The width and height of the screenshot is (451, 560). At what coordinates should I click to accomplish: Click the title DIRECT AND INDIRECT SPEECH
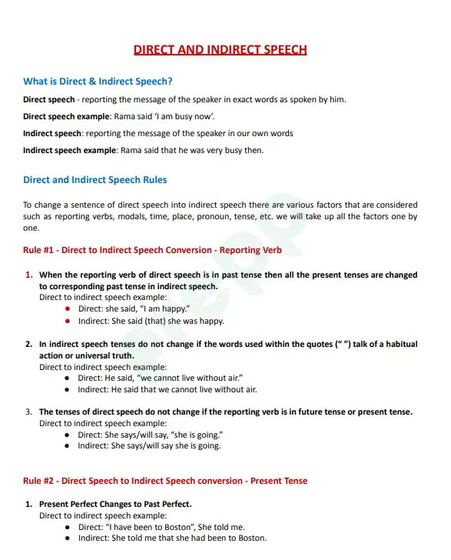pos(220,50)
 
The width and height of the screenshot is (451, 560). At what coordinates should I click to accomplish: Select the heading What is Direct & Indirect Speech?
pos(98,82)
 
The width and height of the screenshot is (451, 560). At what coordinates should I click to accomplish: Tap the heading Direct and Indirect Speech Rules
pos(95,180)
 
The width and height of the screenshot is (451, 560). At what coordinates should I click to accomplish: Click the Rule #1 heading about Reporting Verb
pos(152,250)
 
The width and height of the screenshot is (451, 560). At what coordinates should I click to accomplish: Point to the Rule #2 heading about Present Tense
pos(164,481)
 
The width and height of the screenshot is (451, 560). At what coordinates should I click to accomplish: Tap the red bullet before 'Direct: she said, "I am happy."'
pos(68,308)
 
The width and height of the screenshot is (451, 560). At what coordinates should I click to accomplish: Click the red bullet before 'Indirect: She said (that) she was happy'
pos(68,321)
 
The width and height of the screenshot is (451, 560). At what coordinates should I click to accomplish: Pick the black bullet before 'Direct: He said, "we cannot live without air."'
pos(68,378)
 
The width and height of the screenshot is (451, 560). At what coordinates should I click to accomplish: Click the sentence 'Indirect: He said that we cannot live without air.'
pos(167,390)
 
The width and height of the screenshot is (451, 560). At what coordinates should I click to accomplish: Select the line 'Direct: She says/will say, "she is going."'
pos(151,435)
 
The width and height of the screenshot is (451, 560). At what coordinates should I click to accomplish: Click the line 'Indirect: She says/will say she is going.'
pos(149,446)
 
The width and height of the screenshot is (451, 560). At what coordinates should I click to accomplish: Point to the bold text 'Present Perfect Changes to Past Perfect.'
pos(115,505)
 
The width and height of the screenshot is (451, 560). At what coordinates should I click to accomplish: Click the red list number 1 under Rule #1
pos(28,275)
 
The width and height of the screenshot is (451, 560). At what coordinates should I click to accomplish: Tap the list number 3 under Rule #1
pos(28,412)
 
